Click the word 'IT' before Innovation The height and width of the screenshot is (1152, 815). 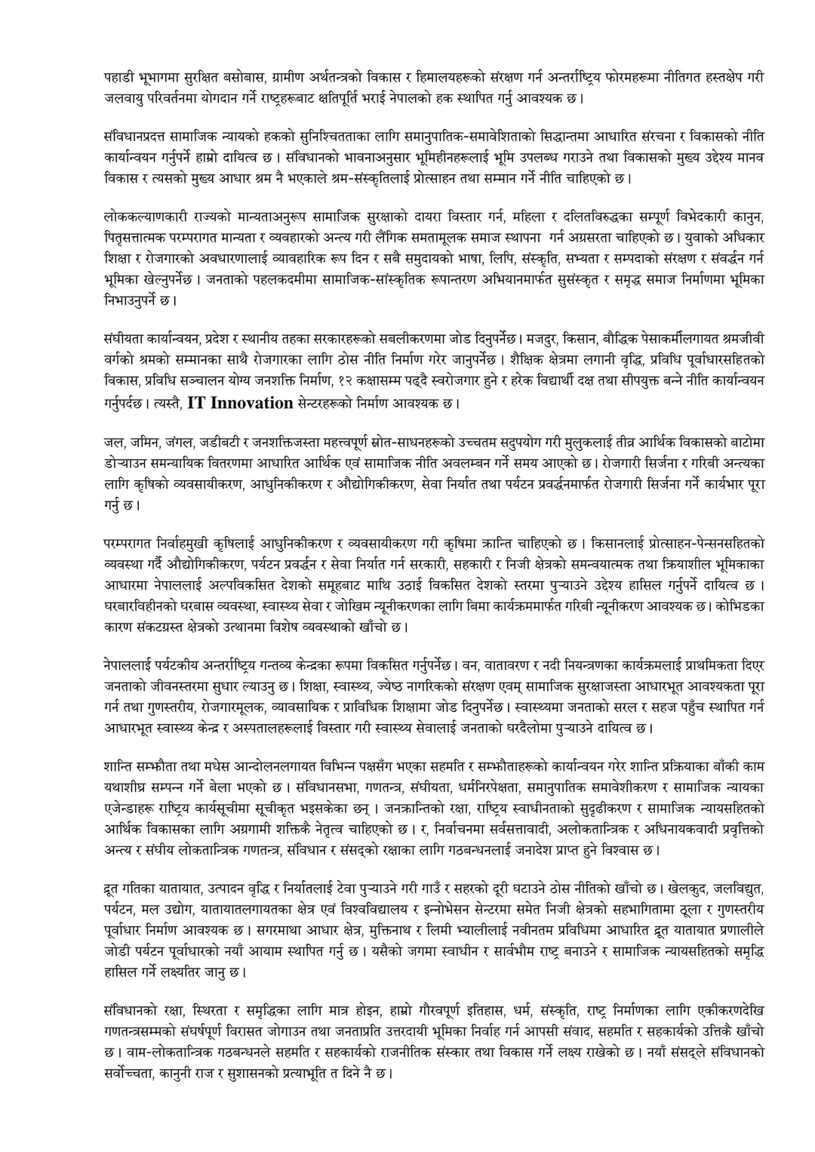coord(196,402)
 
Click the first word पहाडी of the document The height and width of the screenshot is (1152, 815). coord(118,77)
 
